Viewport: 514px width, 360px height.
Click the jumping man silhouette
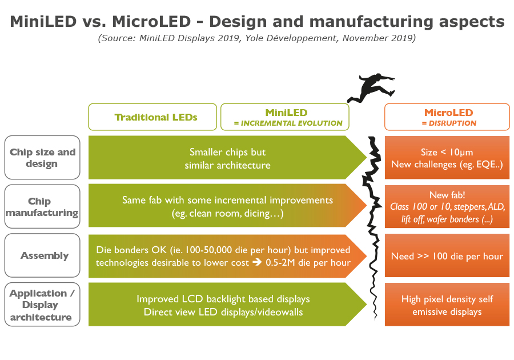[371, 89]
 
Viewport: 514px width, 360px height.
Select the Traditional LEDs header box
[152, 117]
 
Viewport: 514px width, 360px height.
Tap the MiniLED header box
[284, 117]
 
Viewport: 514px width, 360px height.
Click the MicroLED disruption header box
[447, 117]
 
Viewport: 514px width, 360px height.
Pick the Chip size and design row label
[42, 158]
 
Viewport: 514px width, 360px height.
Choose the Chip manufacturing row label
[42, 207]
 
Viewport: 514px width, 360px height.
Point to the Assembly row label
[42, 255]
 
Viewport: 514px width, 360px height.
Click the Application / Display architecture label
[42, 305]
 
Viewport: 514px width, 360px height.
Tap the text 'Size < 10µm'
[447, 153]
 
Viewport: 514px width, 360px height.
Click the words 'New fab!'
[447, 195]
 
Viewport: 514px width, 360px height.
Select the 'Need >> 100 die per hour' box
[447, 256]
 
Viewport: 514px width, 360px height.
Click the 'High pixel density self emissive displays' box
[447, 305]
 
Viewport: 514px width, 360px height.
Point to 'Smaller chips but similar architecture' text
[227, 159]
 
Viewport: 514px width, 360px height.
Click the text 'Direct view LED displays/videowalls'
[223, 311]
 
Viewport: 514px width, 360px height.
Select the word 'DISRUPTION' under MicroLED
[449, 123]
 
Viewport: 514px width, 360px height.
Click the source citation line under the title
[256, 39]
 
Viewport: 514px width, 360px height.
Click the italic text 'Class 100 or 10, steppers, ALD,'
[447, 206]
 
